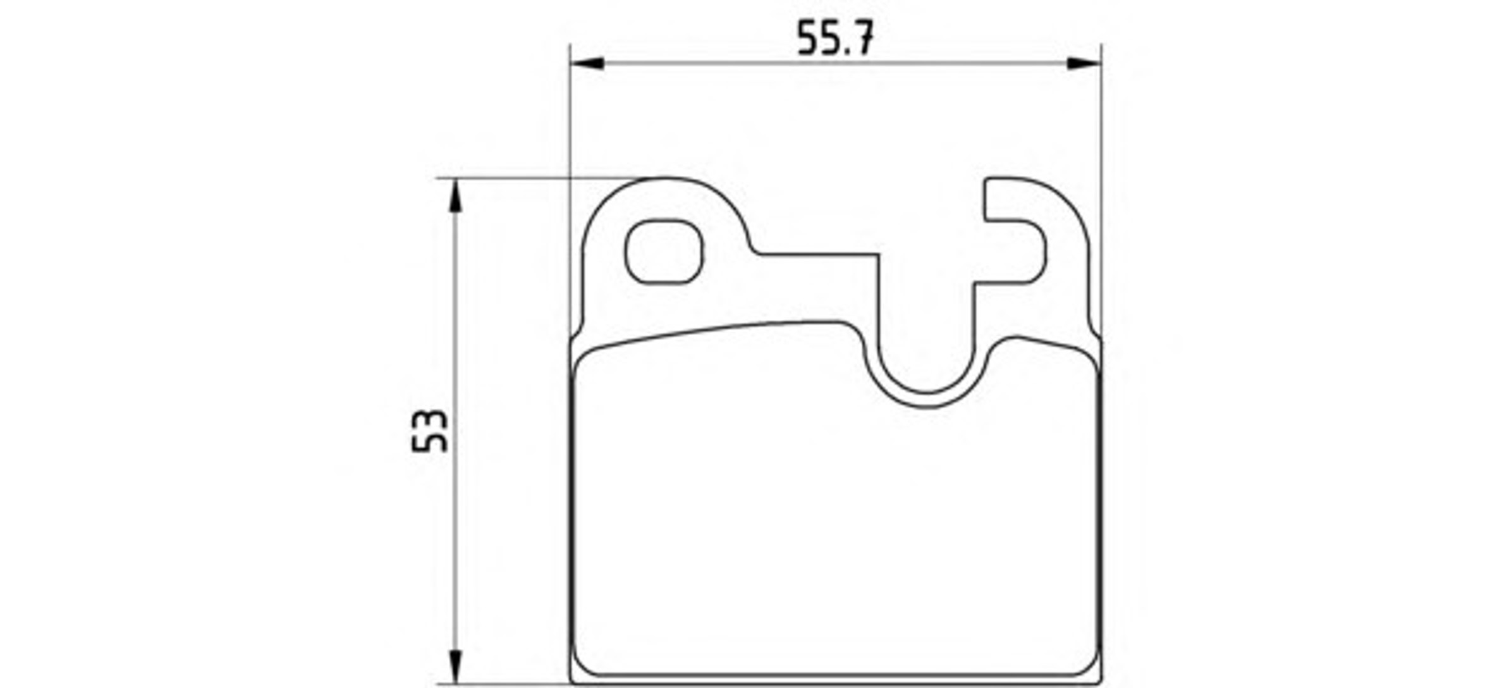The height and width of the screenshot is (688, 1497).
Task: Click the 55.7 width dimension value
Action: [835, 37]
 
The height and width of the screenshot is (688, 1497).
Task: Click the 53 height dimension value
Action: [430, 431]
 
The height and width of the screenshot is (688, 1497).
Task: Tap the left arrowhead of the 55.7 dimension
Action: [587, 63]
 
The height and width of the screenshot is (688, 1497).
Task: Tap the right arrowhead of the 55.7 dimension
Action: [1084, 63]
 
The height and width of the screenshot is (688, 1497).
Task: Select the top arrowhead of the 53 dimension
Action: [455, 195]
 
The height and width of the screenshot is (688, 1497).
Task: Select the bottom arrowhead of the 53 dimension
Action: [455, 666]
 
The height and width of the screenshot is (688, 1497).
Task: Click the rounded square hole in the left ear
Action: [664, 252]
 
